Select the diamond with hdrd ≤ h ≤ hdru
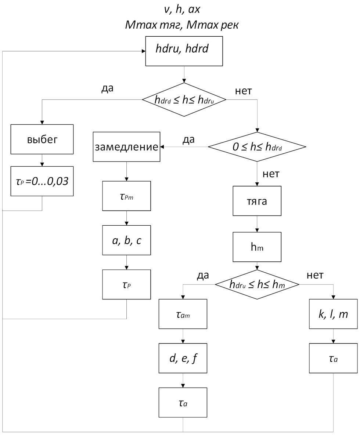coord(184,99)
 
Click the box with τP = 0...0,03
coord(42,182)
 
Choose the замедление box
coord(127,147)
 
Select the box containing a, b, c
coord(127,240)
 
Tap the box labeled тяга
coord(257,201)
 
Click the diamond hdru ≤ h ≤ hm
coord(257,284)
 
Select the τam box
coord(183,314)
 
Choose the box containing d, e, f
coord(183,358)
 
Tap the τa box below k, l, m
coord(333,358)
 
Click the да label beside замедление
coord(188,139)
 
